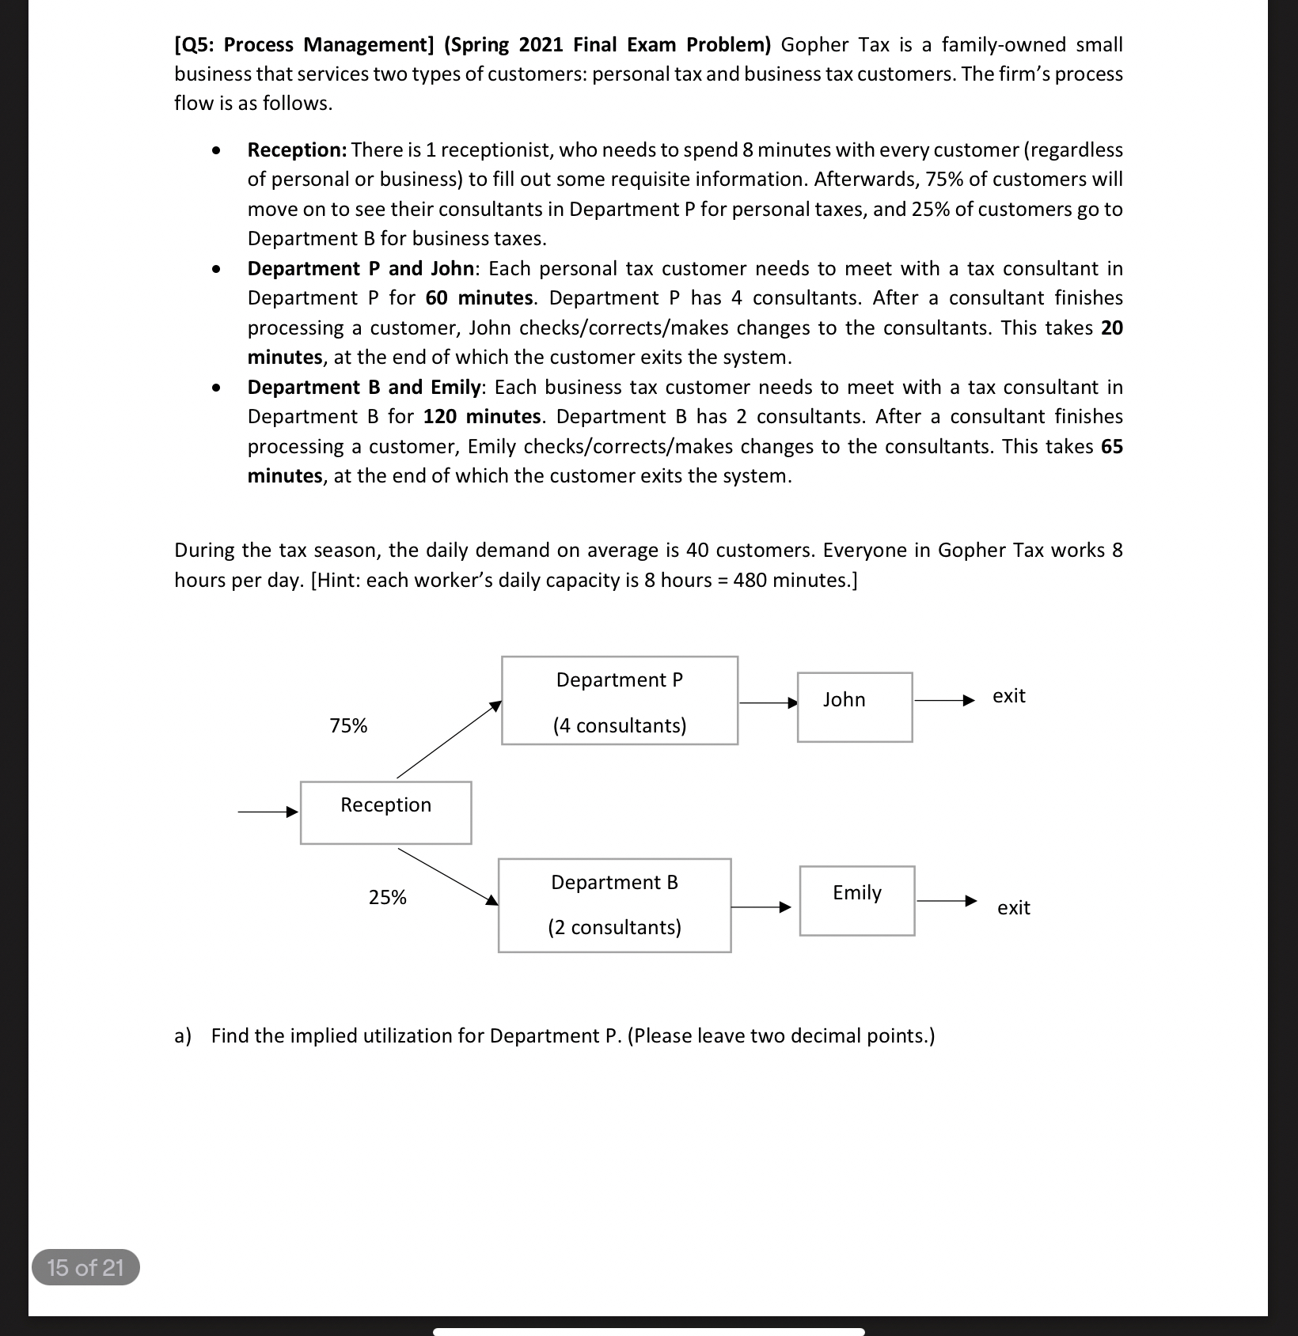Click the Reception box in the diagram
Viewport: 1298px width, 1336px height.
pyautogui.click(x=385, y=812)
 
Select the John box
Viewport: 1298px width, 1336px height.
pyautogui.click(x=854, y=706)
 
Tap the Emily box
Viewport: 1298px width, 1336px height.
pyautogui.click(x=856, y=900)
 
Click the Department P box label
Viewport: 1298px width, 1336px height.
pyautogui.click(x=619, y=679)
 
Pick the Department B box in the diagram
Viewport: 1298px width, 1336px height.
pyautogui.click(x=614, y=905)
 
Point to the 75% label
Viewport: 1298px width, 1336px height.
pyautogui.click(x=348, y=725)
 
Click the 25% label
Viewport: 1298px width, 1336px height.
pyautogui.click(x=387, y=897)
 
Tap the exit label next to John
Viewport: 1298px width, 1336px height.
pyautogui.click(x=1008, y=696)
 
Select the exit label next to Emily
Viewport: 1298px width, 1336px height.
pyautogui.click(x=1013, y=907)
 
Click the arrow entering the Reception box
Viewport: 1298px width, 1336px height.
pyautogui.click(x=268, y=812)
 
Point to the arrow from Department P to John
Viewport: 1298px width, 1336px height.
pyautogui.click(x=767, y=702)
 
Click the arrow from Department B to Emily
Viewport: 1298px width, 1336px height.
pyautogui.click(x=760, y=907)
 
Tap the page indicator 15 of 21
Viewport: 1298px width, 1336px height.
pyautogui.click(x=85, y=1267)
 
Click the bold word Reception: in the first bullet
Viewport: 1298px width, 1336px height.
pyautogui.click(x=297, y=149)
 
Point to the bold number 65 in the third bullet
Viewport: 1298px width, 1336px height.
pyautogui.click(x=1111, y=446)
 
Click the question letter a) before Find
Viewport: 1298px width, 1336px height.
pyautogui.click(x=183, y=1035)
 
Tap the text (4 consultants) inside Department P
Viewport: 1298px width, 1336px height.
pyautogui.click(x=619, y=725)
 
